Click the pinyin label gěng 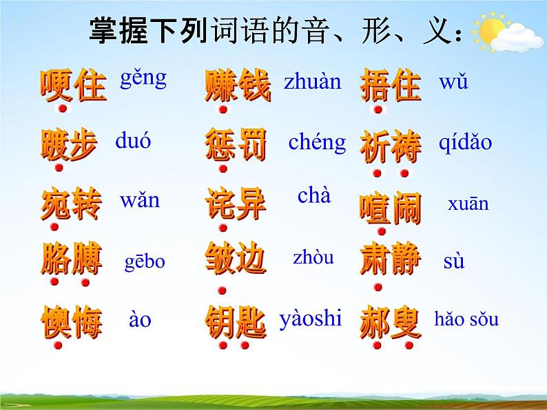click(x=143, y=78)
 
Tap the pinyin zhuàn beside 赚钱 click(x=312, y=82)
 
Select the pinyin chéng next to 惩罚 click(x=317, y=142)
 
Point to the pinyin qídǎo click(x=465, y=142)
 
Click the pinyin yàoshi click(x=311, y=318)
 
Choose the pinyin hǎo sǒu click(x=466, y=319)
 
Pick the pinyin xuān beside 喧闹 click(x=468, y=204)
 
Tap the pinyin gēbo click(x=145, y=261)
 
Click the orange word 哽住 click(x=73, y=85)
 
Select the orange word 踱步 click(x=68, y=145)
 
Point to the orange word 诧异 click(x=235, y=204)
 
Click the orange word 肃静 click(x=391, y=261)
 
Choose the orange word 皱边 click(x=235, y=261)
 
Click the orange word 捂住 click(x=390, y=85)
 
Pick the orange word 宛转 click(x=71, y=204)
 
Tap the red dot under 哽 click(x=63, y=109)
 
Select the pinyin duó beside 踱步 click(x=133, y=142)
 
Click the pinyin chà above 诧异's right click(x=314, y=195)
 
